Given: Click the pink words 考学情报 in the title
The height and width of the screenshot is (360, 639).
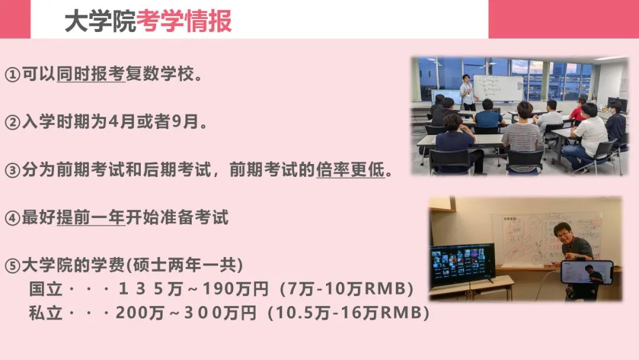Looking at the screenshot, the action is click(184, 21).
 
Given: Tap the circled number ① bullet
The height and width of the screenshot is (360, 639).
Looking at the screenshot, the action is click(12, 75).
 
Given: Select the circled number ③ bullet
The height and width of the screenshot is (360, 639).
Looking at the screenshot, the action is click(12, 170).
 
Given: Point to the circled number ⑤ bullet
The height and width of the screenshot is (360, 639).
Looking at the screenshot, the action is click(12, 266).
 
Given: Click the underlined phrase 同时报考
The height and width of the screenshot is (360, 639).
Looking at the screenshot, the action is click(91, 74).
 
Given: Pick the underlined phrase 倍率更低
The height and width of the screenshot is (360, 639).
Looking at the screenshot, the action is click(350, 169).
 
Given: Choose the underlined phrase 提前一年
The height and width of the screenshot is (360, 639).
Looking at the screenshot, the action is click(91, 217).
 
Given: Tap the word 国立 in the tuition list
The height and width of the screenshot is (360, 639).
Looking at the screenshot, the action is click(45, 289).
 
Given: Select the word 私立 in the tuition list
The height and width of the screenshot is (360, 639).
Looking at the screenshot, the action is click(45, 313).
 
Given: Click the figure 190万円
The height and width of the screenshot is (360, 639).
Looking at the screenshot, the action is click(235, 289).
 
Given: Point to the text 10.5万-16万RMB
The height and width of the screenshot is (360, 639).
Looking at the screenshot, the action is click(349, 313).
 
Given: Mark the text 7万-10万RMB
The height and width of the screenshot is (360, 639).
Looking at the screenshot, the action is click(347, 289).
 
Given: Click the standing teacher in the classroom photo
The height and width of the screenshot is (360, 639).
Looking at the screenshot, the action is click(468, 92).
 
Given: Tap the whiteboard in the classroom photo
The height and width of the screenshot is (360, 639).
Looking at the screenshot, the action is click(498, 88).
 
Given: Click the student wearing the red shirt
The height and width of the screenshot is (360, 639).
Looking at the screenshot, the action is click(578, 110).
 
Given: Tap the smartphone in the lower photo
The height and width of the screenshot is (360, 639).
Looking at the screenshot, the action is click(587, 272).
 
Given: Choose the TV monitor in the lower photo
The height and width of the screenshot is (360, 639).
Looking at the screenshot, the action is click(463, 263).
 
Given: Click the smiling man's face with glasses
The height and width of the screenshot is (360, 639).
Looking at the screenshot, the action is click(563, 234).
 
